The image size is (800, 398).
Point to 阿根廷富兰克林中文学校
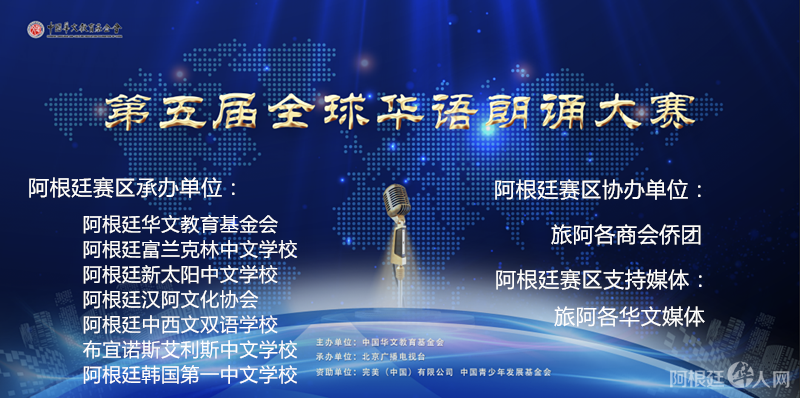tap(190, 248)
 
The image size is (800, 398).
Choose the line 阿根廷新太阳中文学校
tap(180, 273)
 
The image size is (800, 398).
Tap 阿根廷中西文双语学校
tap(180, 324)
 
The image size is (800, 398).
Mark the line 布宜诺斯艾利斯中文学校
tap(190, 350)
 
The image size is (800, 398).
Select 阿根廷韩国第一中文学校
tap(190, 375)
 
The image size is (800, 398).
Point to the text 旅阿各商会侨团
tap(627, 236)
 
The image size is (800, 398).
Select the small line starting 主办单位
tap(379, 342)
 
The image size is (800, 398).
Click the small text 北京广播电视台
tap(394, 356)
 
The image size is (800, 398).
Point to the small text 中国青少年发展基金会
tap(505, 371)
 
